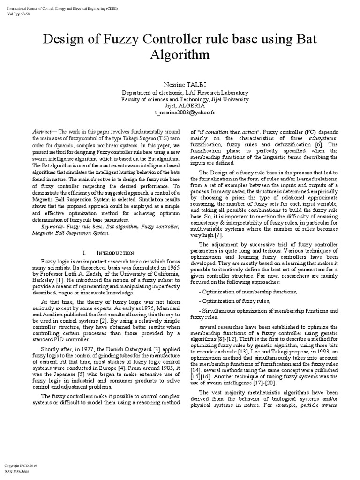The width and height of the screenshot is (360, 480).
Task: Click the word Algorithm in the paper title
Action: point(180,56)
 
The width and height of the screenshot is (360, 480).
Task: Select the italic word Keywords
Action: point(56,227)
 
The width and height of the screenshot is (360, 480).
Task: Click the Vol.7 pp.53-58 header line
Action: point(17,14)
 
